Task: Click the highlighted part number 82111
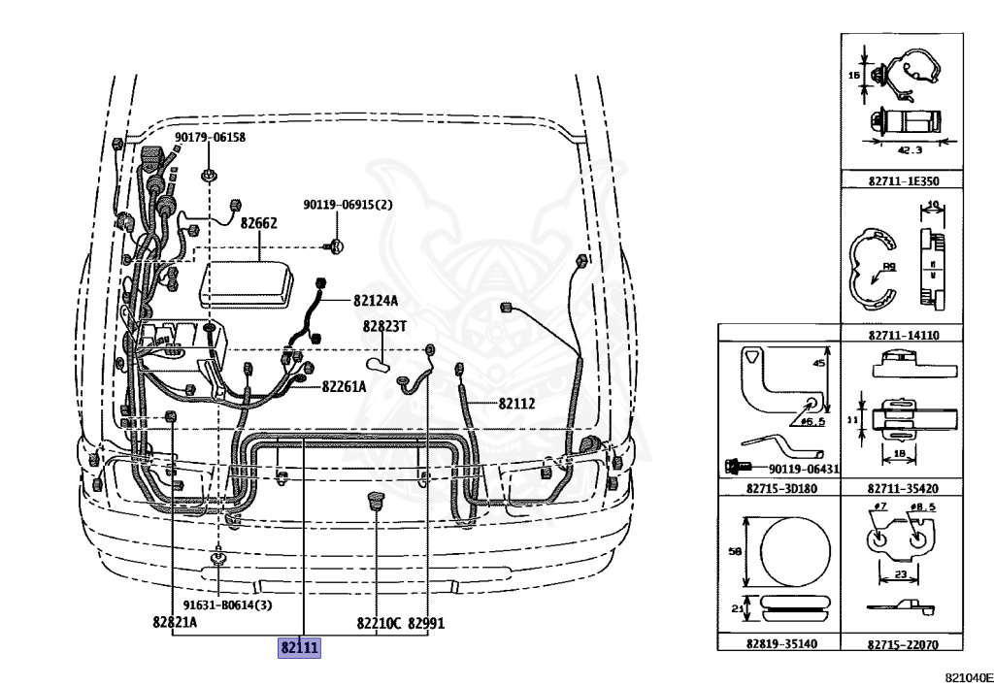(299, 647)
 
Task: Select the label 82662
(259, 223)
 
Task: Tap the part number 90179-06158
(211, 138)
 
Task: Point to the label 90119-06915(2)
(348, 205)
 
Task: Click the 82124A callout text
(376, 301)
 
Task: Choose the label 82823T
(384, 327)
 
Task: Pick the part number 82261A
(345, 387)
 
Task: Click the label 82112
(517, 404)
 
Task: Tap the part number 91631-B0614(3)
(228, 604)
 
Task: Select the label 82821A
(175, 623)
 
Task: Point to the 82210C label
(379, 623)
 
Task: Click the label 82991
(426, 623)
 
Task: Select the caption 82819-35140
(779, 643)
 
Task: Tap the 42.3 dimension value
(909, 150)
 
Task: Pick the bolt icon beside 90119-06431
(734, 468)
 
